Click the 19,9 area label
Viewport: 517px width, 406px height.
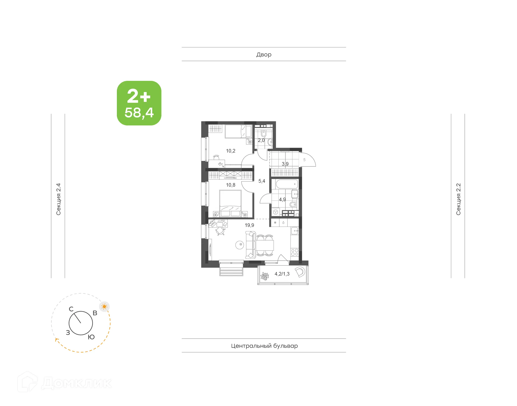pos(249,225)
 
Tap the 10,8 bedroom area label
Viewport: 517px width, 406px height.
pos(230,185)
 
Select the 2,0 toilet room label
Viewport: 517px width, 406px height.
pos(261,140)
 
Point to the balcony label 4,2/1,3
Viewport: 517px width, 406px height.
pos(282,274)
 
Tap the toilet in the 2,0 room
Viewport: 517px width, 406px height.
pos(264,133)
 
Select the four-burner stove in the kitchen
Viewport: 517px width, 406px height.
pos(295,252)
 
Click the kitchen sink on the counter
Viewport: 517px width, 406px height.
pos(295,231)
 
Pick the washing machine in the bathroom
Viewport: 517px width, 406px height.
pos(275,212)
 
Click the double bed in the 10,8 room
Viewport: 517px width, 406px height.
pos(230,203)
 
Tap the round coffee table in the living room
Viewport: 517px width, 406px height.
pos(240,245)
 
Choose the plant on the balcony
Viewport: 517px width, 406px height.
pos(265,276)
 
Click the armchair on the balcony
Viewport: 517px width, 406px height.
pos(300,272)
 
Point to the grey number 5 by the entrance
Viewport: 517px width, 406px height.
pos(304,160)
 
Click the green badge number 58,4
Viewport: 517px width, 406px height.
pos(139,113)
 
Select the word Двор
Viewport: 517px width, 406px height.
pos(264,55)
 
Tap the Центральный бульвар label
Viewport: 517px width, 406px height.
pos(264,346)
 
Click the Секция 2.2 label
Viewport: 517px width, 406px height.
pos(458,199)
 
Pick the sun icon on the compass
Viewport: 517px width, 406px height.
pos(104,307)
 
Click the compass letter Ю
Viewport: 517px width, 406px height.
pos(91,337)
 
